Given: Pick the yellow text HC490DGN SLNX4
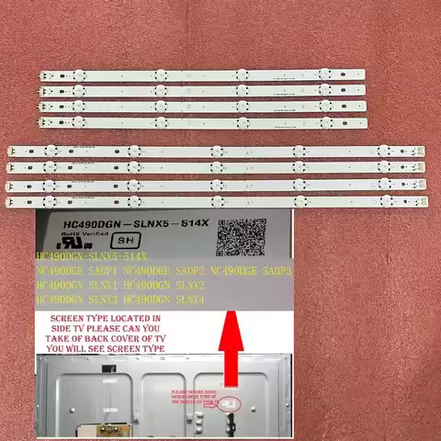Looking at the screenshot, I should pos(162,300).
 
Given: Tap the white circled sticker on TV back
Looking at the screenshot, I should pos(237,401).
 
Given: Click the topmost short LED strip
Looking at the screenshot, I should pos(202,75).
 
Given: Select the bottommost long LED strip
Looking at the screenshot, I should pos(218,199).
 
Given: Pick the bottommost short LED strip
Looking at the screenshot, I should pos(202,122).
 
